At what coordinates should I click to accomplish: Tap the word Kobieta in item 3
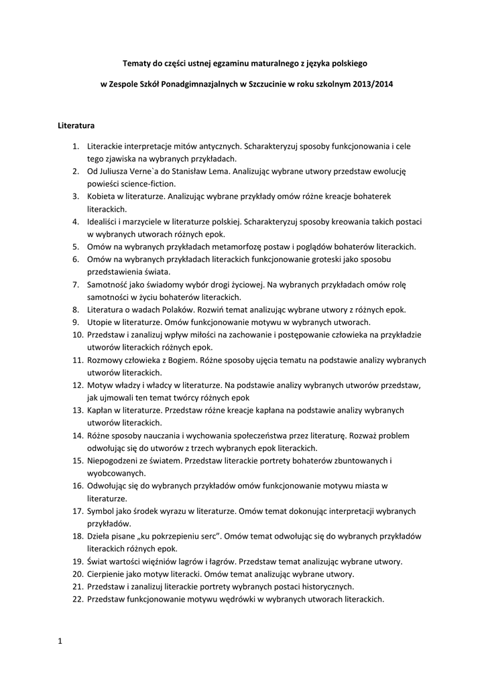coord(103,196)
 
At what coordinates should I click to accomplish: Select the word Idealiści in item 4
coord(104,221)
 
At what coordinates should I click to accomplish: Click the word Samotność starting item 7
coord(109,284)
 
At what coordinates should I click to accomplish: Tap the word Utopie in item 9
coord(100,322)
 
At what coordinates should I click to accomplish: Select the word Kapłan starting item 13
coord(101,410)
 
